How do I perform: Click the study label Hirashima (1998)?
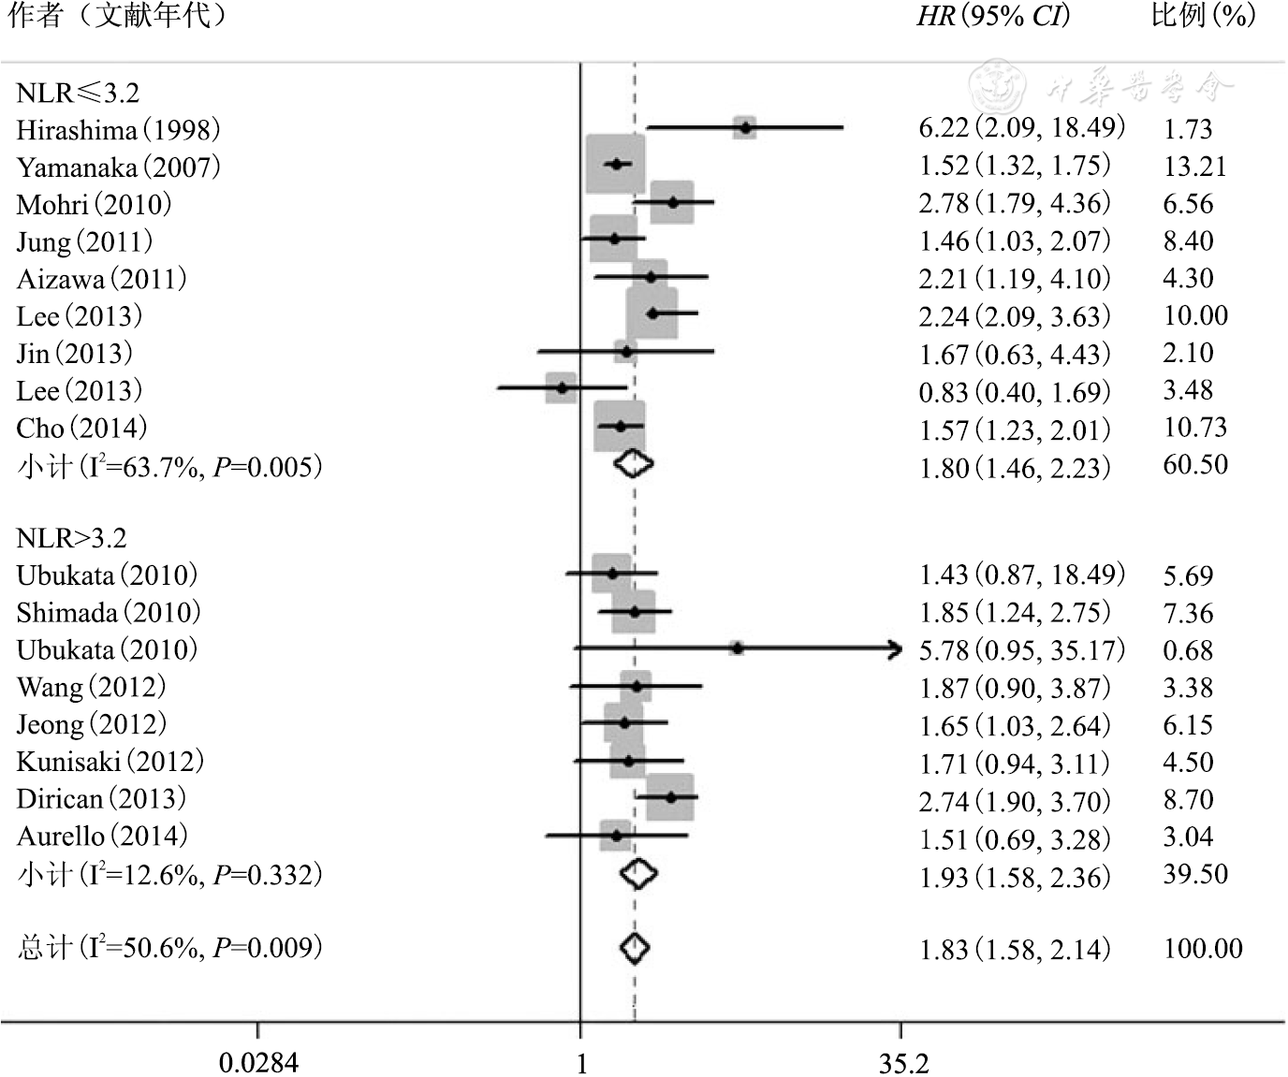tap(118, 129)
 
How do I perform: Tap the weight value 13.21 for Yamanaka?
tap(1193, 167)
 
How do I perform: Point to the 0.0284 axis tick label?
tap(258, 1063)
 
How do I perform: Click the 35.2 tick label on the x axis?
tap(903, 1063)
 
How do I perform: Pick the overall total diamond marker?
tap(635, 948)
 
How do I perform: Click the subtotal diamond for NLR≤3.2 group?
tap(634, 463)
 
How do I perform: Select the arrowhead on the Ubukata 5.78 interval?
tap(896, 648)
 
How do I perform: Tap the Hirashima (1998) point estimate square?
tap(744, 127)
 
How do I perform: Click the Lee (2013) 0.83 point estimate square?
tap(561, 387)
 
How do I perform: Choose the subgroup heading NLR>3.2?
tap(71, 538)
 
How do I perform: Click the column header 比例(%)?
tap(1203, 17)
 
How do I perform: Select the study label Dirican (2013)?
tap(101, 799)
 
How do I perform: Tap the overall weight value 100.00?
tap(1203, 949)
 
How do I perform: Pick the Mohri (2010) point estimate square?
tap(672, 202)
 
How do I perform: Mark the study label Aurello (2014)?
tap(102, 837)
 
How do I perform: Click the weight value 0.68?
tap(1188, 650)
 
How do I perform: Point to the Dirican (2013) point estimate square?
tap(671, 797)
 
